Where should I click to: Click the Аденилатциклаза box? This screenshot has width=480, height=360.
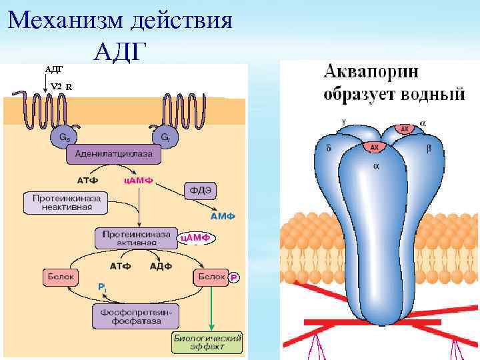tap(113, 155)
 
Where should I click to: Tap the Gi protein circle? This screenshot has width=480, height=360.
tap(165, 136)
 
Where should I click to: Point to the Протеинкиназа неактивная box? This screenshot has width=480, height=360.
tap(66, 203)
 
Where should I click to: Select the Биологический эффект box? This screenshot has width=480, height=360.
tap(208, 343)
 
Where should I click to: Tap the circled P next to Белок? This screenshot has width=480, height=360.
tap(234, 277)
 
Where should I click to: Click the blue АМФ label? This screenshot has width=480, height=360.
tap(223, 217)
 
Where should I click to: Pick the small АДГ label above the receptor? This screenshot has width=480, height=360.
tap(53, 69)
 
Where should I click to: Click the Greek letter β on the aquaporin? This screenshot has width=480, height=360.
tap(428, 148)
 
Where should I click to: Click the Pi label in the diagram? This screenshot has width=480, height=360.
tap(101, 287)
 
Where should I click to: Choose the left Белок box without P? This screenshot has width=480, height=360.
tap(62, 276)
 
